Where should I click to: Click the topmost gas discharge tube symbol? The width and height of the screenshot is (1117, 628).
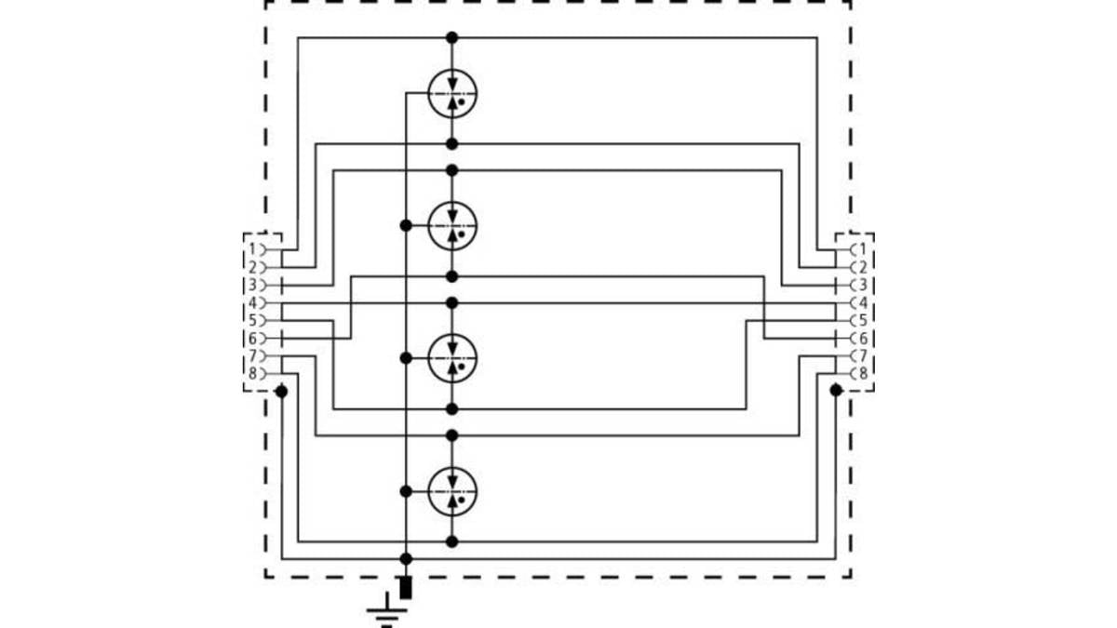tap(452, 93)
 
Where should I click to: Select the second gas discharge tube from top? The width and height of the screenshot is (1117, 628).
tap(452, 226)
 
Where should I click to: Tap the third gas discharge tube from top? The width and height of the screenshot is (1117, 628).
tap(452, 358)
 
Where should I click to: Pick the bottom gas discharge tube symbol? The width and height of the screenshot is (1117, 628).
tap(452, 491)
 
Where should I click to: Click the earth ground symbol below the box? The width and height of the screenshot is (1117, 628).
tap(387, 610)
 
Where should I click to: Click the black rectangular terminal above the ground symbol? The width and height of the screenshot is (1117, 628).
tap(406, 588)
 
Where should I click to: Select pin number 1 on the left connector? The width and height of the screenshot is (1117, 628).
tap(252, 248)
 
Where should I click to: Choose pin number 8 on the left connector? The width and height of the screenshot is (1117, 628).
tap(252, 373)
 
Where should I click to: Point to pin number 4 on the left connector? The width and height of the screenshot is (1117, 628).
tap(252, 302)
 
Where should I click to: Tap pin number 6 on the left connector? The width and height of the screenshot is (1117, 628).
tap(252, 339)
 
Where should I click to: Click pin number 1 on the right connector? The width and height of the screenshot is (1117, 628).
tap(863, 248)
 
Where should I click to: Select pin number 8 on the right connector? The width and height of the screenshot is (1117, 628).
tap(863, 373)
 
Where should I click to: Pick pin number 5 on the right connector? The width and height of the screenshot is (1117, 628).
tap(863, 320)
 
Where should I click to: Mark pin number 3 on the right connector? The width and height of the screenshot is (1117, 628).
tap(863, 285)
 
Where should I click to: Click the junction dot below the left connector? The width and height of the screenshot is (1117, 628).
tap(282, 392)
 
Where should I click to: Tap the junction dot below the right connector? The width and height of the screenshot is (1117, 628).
tap(836, 390)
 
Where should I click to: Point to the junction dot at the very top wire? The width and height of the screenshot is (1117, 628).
tap(451, 37)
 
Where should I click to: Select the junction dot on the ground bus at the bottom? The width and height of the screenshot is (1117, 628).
tap(406, 559)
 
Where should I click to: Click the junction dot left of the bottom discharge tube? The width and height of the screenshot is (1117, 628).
tap(406, 491)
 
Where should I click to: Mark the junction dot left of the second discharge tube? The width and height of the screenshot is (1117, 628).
tap(406, 226)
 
